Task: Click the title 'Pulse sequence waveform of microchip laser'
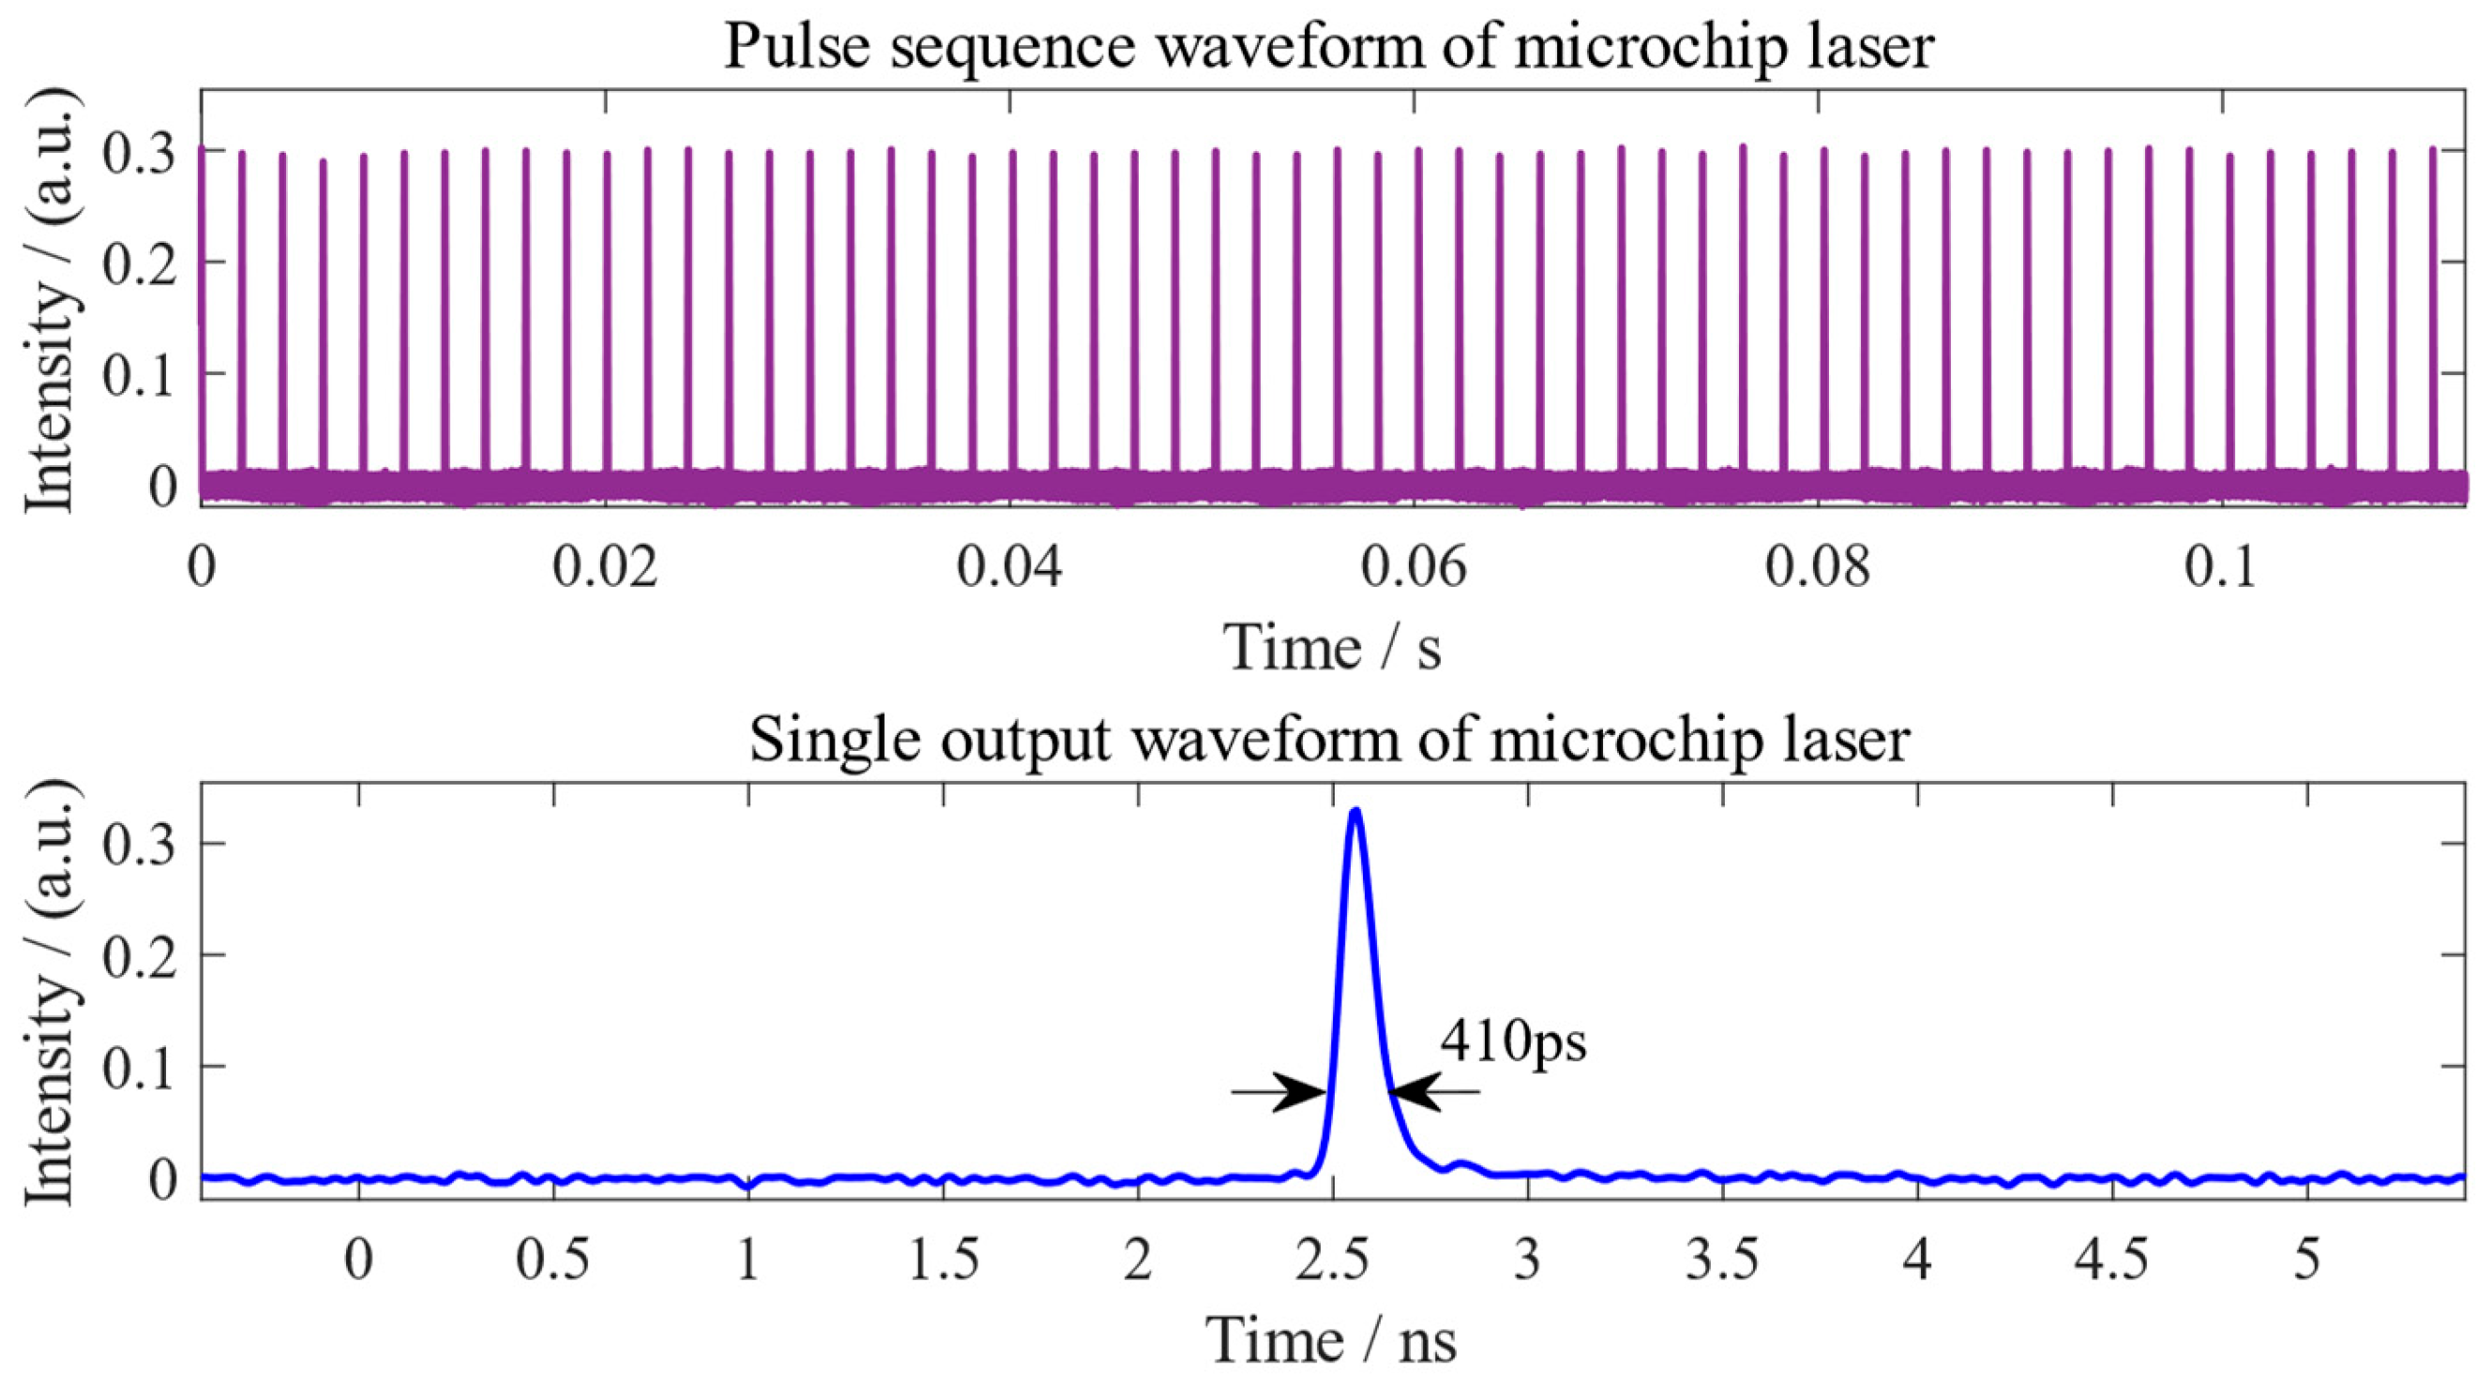tap(1328, 46)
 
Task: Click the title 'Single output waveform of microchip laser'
tap(1328, 739)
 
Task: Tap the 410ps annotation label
tap(1512, 1042)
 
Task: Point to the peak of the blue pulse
tap(1355, 811)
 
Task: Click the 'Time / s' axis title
tap(1333, 648)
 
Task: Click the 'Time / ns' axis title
tap(1333, 1340)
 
